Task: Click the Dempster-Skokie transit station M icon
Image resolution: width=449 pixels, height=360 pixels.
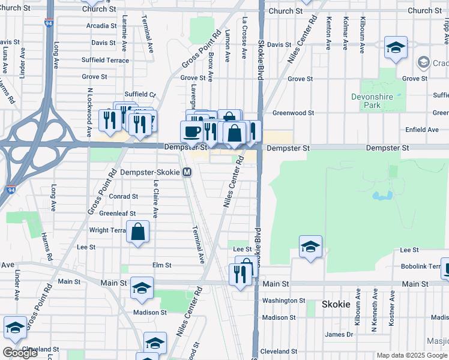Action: pos(187,172)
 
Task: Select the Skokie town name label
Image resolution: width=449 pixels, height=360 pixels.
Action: pos(336,304)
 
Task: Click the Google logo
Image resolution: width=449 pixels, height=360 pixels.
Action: pos(20,353)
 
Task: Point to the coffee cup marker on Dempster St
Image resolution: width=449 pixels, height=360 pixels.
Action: pos(192,131)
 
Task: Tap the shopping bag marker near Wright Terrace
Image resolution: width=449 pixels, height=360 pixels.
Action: pos(138,232)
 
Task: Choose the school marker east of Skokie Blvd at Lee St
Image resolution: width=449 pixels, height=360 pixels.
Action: pos(310,247)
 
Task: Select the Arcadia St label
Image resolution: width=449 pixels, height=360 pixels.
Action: pos(101,26)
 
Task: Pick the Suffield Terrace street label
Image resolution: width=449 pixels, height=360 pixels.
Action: pos(106,61)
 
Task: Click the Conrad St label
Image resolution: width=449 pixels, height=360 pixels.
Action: pos(123,196)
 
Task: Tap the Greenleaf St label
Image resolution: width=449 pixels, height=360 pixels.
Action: pos(117,213)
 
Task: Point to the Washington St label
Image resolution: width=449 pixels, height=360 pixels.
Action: pos(284,301)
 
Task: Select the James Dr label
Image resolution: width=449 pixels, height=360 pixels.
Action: pos(339,335)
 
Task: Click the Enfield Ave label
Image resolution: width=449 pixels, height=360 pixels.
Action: pos(422,129)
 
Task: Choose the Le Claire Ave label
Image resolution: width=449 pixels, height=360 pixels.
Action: pos(155,199)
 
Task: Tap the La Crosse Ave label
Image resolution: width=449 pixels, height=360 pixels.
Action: pos(244,38)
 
